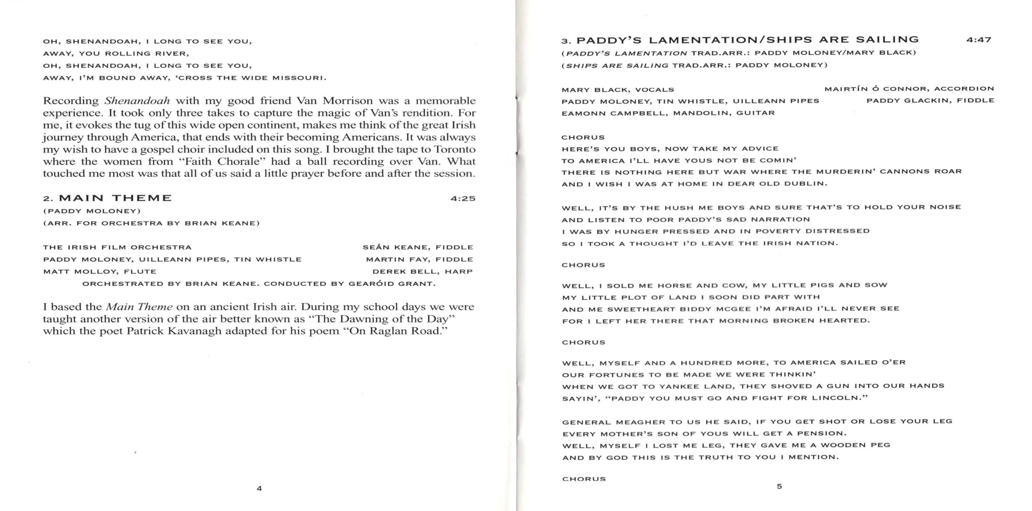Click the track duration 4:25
463,198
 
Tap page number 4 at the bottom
259,488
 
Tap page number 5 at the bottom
779,486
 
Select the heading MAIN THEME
115,198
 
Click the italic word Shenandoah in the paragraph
137,100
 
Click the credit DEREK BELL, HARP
423,271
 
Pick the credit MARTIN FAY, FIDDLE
420,259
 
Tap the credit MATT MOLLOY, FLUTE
100,271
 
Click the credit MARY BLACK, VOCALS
618,90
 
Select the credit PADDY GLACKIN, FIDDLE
930,100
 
